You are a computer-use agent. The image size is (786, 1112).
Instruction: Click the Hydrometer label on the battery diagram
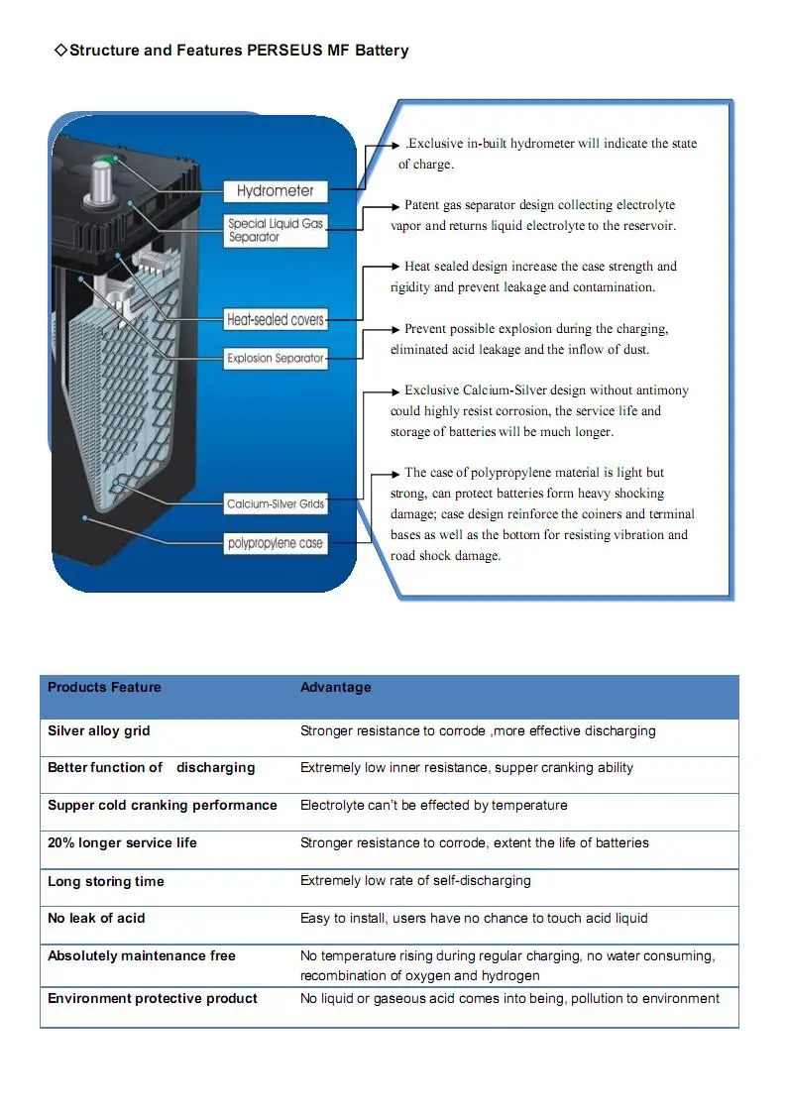pos(275,190)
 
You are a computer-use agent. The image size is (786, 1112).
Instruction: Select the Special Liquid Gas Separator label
pos(275,230)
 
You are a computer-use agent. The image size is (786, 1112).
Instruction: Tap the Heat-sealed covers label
pos(275,320)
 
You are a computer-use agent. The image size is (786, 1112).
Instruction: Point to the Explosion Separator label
pos(275,359)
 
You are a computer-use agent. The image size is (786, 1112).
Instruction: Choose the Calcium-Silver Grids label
pos(275,504)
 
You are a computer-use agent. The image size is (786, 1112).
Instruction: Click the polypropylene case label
pos(275,543)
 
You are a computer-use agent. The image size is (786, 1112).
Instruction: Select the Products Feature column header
pos(104,688)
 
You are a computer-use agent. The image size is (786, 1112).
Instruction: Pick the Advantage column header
pos(336,688)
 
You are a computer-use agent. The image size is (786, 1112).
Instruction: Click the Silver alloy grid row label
pos(99,731)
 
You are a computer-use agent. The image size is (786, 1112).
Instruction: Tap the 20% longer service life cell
pos(122,843)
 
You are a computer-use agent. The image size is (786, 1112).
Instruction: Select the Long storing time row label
pos(106,882)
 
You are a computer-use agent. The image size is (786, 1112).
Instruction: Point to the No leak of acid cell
pos(96,919)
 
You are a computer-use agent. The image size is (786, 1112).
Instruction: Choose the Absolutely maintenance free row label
pos(142,956)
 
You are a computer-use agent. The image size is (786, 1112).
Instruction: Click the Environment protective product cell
pos(152,999)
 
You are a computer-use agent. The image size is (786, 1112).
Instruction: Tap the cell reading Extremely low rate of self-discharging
pos(415,881)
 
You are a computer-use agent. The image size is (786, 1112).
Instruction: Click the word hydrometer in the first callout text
pos(536,144)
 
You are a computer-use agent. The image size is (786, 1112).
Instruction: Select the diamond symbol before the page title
pos(59,51)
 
